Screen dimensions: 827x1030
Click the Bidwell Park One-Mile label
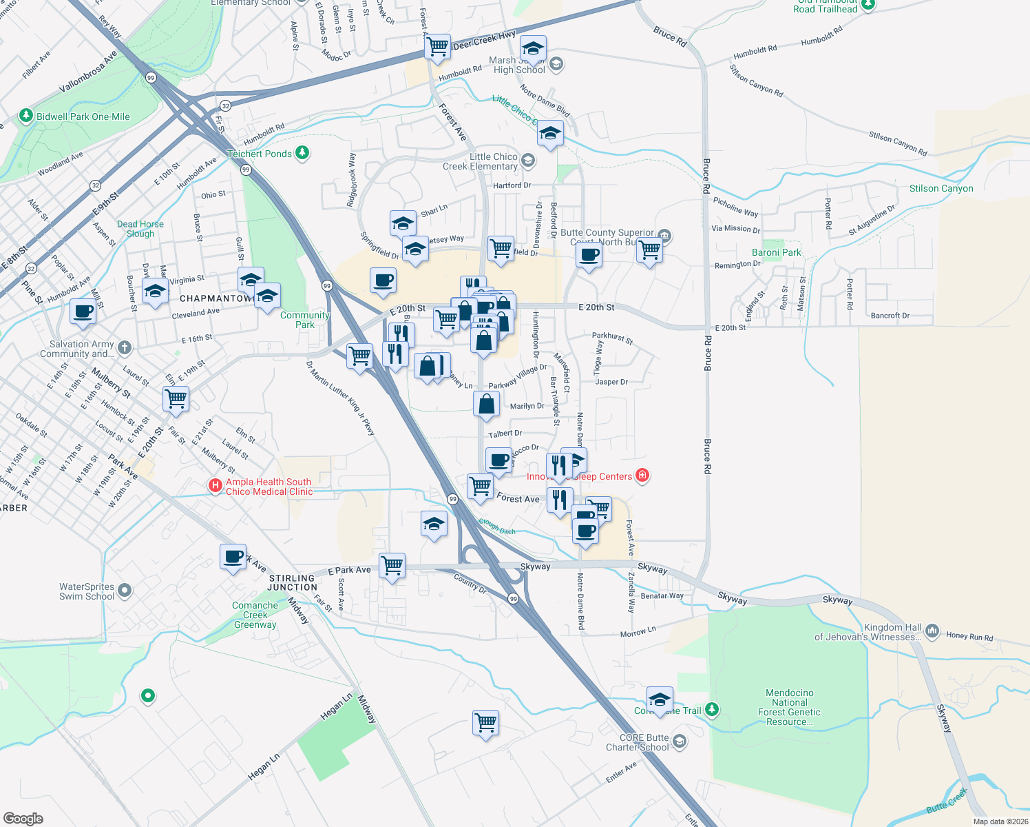(x=83, y=116)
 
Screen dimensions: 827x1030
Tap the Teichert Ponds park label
(x=260, y=154)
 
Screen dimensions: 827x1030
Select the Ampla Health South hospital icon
(x=216, y=487)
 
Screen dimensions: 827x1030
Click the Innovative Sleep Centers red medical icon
(x=642, y=476)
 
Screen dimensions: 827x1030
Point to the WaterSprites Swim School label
(x=87, y=591)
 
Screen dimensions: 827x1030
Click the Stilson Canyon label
(x=941, y=188)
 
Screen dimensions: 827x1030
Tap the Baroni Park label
(x=776, y=252)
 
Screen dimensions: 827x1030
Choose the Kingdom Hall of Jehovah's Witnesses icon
(x=932, y=631)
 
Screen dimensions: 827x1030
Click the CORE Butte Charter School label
(x=637, y=742)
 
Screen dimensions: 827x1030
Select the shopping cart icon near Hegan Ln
(x=486, y=723)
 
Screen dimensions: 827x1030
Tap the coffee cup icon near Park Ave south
(x=233, y=556)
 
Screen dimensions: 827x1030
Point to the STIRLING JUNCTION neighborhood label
(x=292, y=583)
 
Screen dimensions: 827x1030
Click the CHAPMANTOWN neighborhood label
(x=216, y=298)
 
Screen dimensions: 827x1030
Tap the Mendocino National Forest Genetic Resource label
(x=789, y=707)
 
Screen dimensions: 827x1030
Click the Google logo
(x=23, y=818)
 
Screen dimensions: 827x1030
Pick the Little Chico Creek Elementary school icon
(x=528, y=161)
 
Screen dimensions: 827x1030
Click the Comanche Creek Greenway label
(x=255, y=615)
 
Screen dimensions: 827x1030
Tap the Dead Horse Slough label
(x=140, y=229)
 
